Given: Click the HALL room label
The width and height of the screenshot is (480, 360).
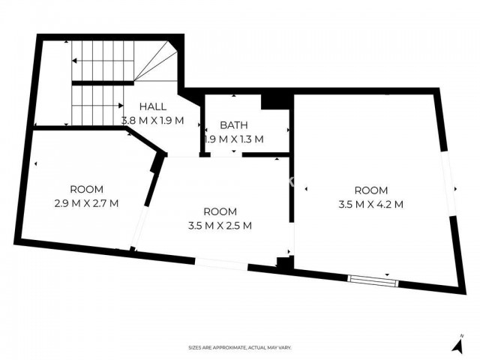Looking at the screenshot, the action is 153,106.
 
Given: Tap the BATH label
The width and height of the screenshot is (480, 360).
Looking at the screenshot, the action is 234,125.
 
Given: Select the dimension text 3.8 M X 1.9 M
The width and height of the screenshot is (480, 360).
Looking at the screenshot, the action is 153,121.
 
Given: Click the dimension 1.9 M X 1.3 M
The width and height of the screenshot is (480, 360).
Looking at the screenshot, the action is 234,139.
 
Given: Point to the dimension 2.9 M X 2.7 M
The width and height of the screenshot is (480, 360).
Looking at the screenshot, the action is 87,203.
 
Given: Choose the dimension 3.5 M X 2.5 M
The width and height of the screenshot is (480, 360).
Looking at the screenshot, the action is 220,226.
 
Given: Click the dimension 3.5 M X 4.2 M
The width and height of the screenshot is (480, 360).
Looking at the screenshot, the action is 371,204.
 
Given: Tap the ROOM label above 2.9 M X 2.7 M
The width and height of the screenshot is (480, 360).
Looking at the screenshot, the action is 87,190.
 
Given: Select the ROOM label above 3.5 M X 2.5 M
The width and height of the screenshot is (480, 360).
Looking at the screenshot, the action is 220,211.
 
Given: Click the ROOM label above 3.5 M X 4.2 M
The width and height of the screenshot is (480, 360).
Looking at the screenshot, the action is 371,190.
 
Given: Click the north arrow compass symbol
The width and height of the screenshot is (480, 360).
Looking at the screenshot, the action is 457,345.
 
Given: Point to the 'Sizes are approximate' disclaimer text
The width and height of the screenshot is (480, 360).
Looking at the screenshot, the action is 240,348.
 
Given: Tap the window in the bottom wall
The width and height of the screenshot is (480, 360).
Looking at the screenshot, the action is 373,281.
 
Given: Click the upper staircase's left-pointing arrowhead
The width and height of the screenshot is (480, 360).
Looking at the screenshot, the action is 74,61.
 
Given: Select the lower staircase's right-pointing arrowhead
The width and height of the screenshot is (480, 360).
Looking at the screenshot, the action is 121,106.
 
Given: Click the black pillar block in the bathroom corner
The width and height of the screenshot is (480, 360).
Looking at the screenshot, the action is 275,102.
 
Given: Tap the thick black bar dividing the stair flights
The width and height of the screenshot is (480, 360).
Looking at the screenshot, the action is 103,83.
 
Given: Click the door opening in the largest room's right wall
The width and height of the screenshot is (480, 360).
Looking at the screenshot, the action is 448,183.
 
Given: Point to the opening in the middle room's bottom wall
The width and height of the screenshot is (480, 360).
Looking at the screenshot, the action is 221,264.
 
